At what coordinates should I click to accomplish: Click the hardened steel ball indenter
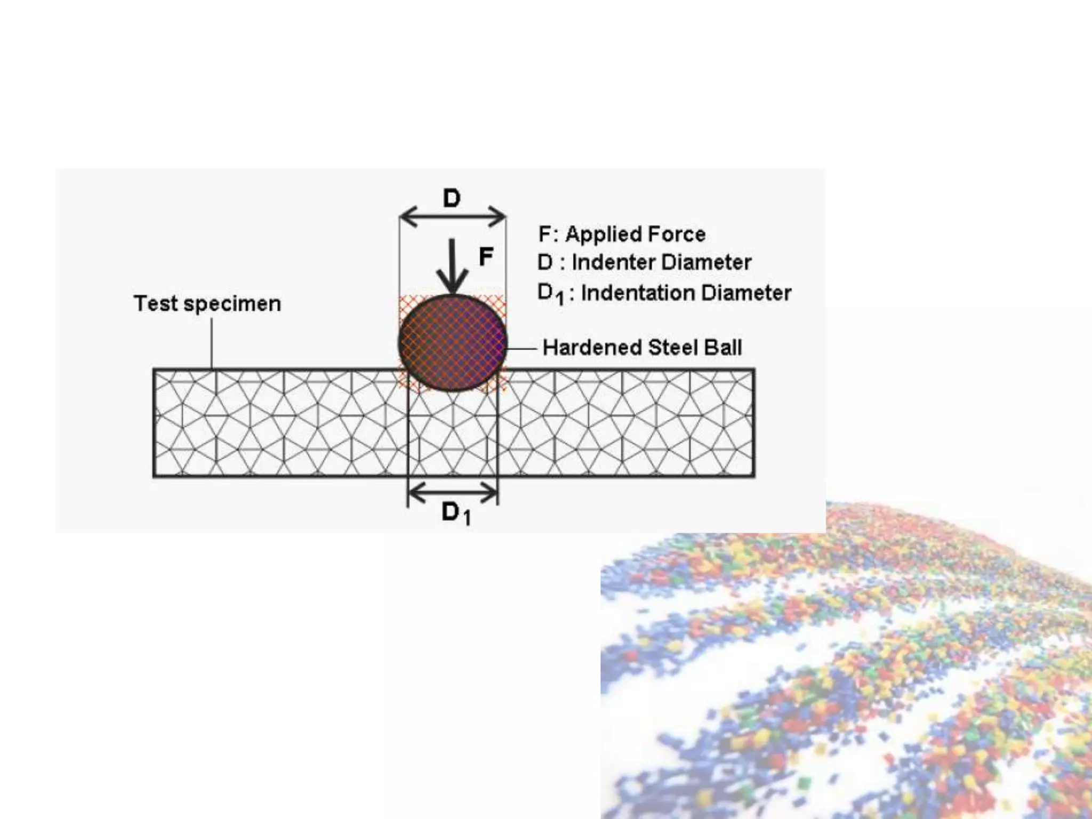click(x=452, y=343)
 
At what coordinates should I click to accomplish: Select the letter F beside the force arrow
click(x=486, y=257)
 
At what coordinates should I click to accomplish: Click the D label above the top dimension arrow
click(x=452, y=199)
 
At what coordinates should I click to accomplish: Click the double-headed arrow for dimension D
click(x=452, y=218)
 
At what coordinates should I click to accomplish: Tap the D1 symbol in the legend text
click(x=550, y=294)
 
